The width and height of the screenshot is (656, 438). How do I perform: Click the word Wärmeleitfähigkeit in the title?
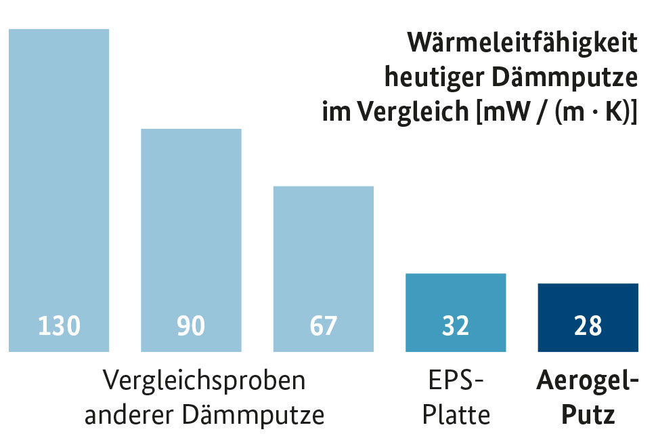(x=522, y=43)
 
